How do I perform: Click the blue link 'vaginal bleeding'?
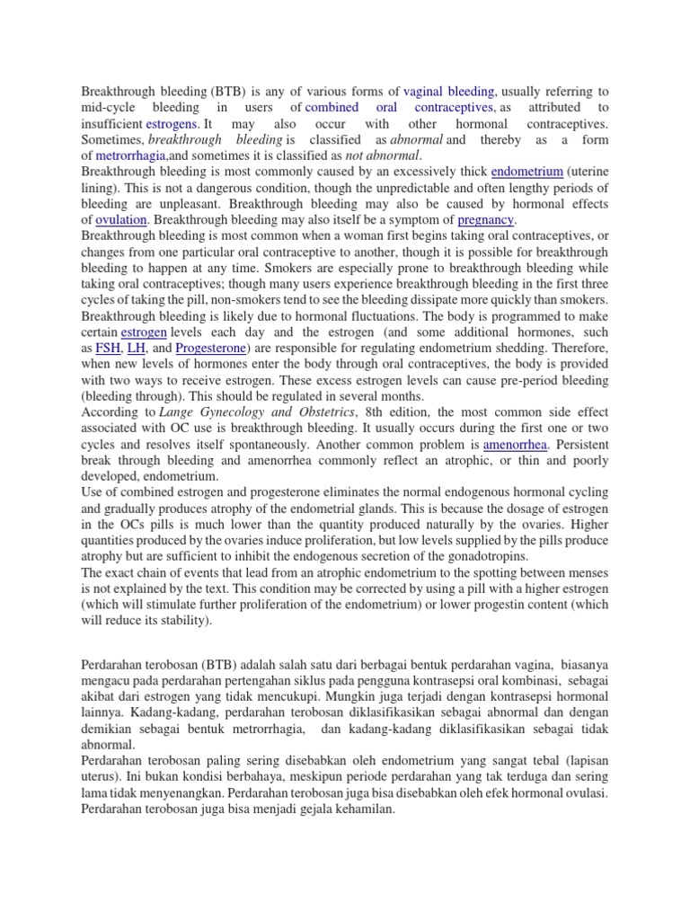coord(448,91)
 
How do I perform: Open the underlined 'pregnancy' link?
coord(485,219)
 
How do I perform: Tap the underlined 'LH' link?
coord(137,348)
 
